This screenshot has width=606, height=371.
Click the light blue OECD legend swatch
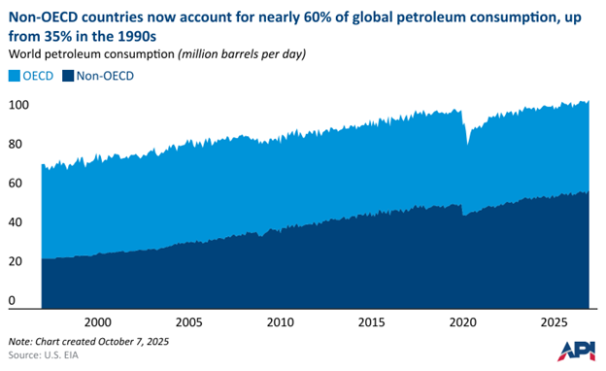click(x=15, y=75)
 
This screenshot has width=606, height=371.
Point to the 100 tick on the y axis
click(x=19, y=104)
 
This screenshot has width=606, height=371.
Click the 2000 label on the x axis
click(x=96, y=321)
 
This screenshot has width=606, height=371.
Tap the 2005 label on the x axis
click(x=187, y=321)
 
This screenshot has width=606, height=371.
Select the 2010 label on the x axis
click(x=280, y=321)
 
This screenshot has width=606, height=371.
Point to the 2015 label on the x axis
click(x=371, y=321)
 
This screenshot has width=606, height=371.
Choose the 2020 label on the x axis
click(x=463, y=321)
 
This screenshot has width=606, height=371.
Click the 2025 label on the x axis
click(x=555, y=321)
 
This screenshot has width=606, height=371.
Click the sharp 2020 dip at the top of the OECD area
click(x=468, y=144)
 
